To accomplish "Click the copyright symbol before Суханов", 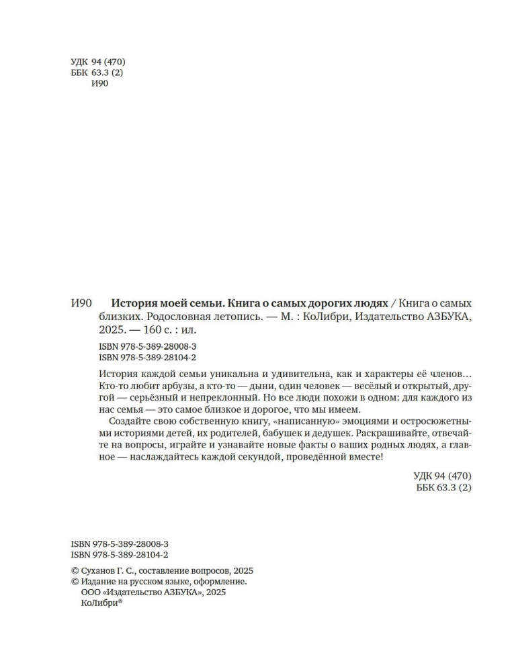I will (x=75, y=570).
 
